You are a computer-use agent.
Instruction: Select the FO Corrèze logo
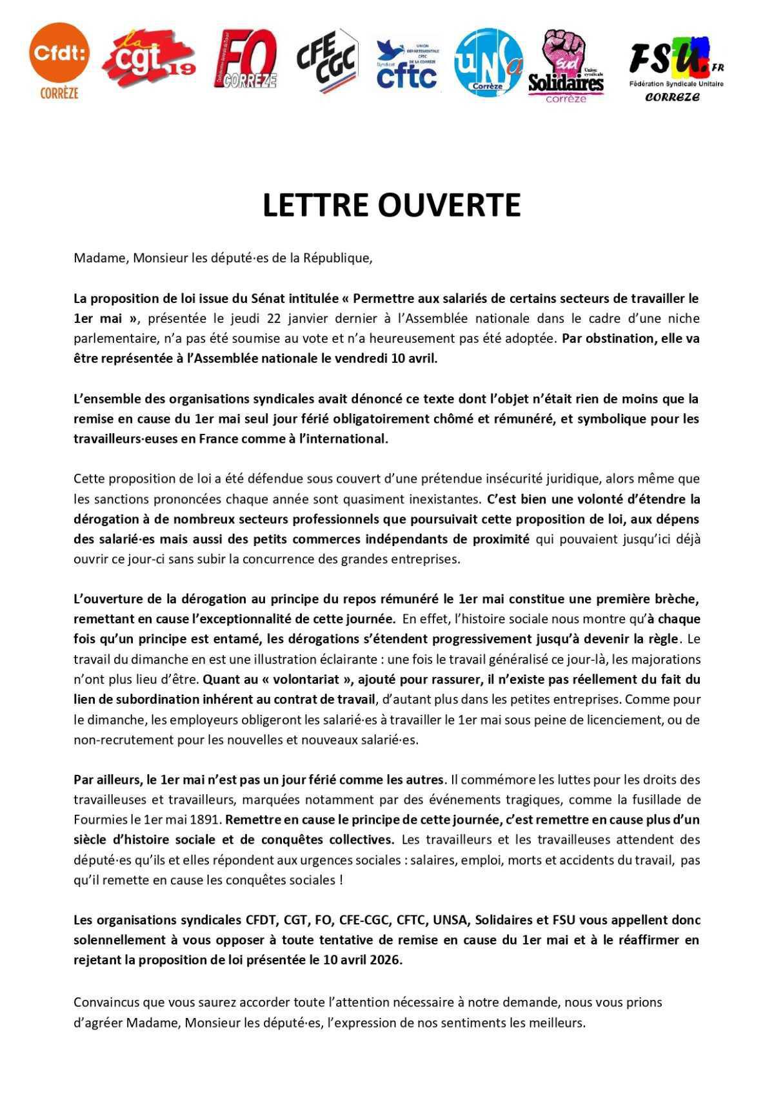(x=245, y=59)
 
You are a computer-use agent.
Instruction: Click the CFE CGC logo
(x=327, y=61)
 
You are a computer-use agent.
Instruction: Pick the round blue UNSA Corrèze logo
(x=488, y=62)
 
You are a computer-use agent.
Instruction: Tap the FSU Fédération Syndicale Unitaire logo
(x=675, y=68)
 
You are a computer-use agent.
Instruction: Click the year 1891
(x=207, y=820)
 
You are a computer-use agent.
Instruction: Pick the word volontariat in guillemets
(x=309, y=679)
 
